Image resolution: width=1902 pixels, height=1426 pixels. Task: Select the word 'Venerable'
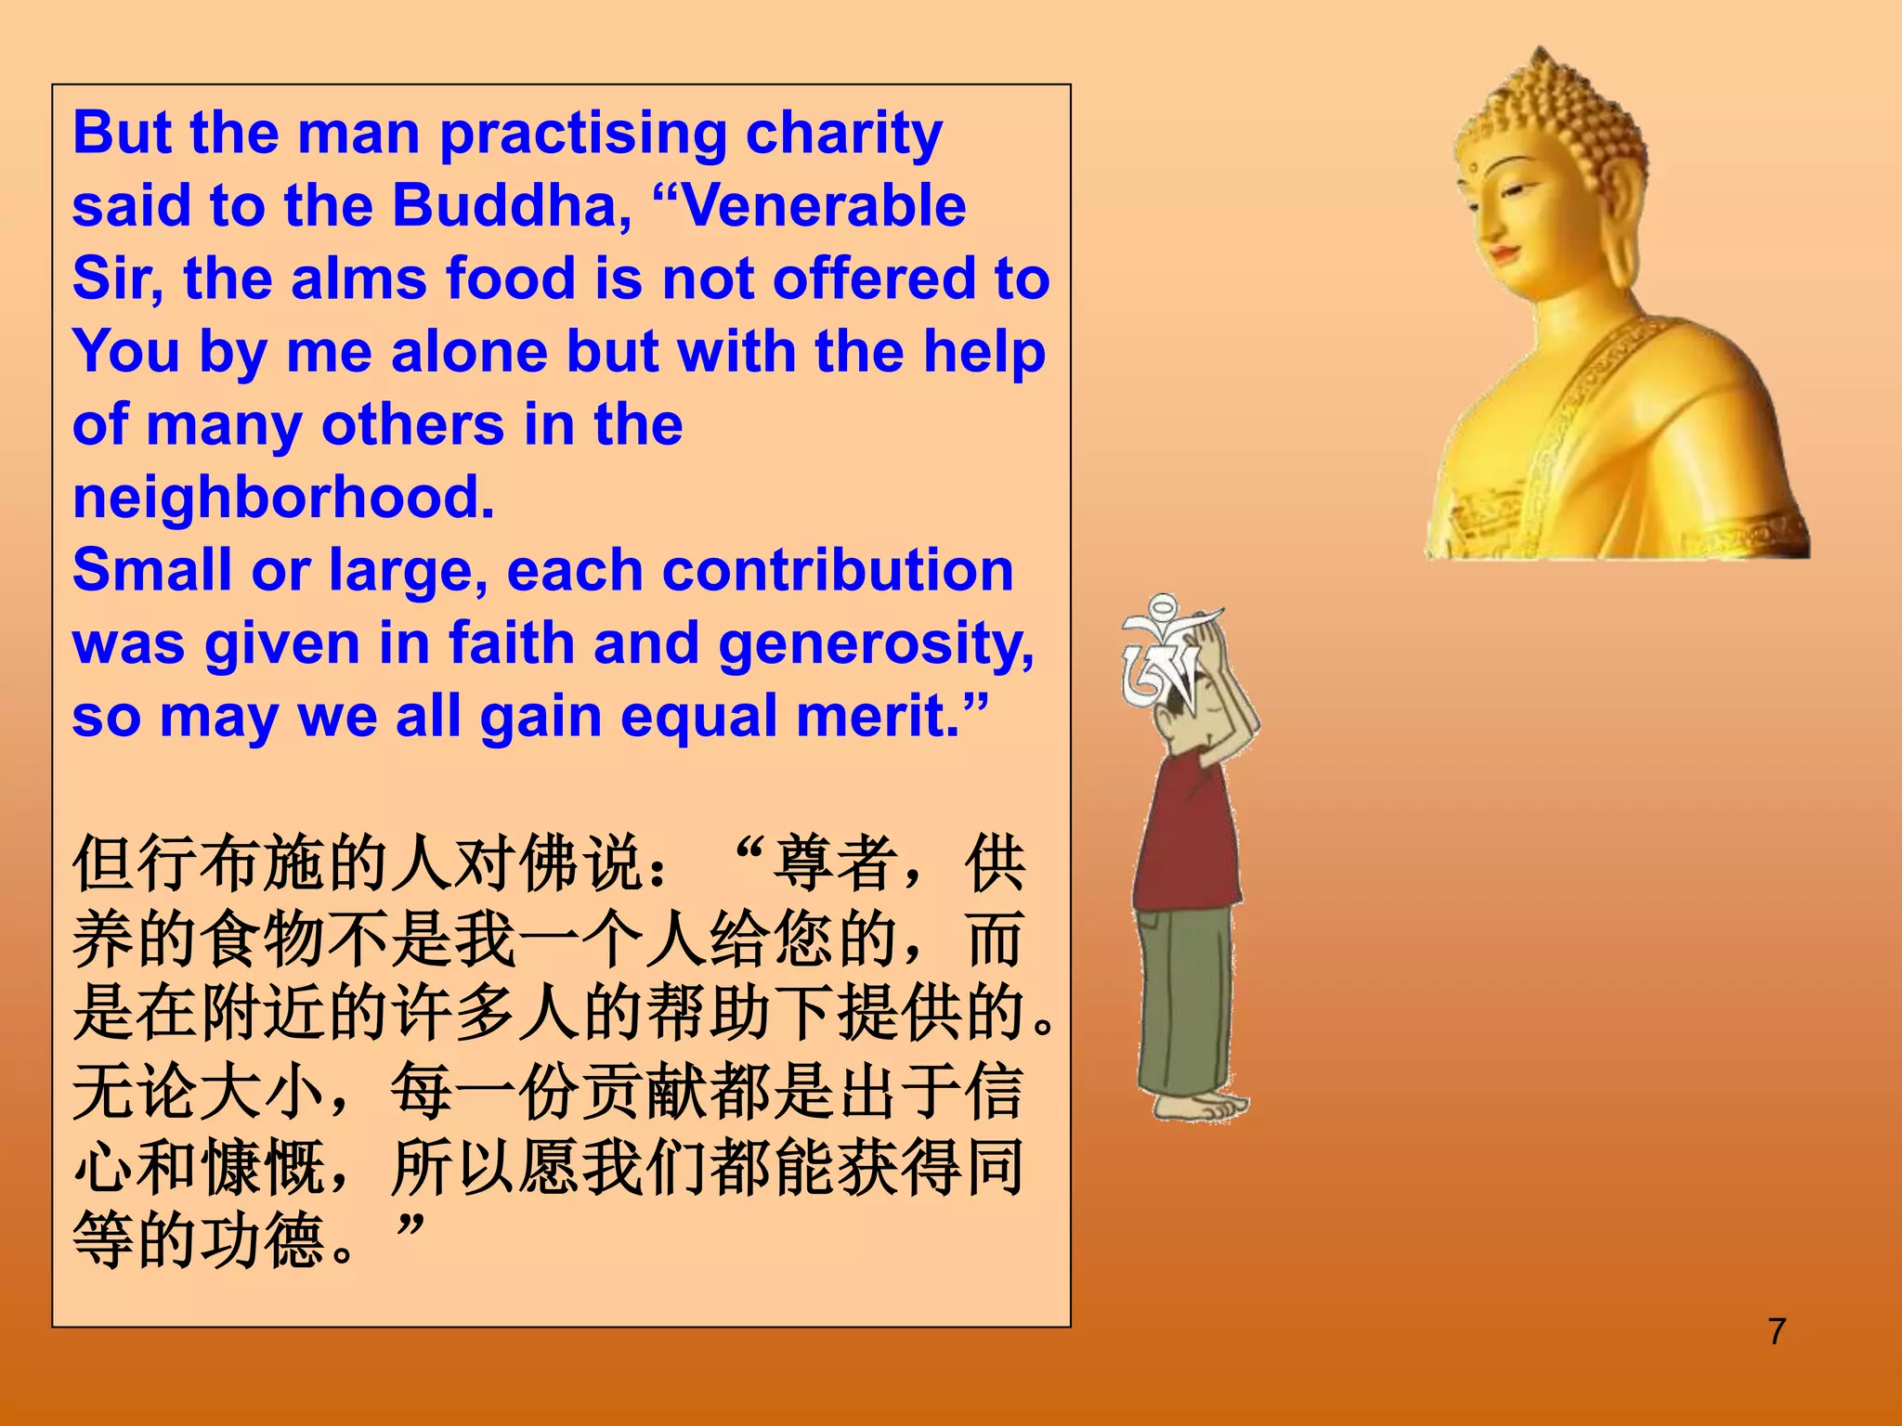[x=823, y=206]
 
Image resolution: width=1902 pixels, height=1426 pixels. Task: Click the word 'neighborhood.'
[x=283, y=498]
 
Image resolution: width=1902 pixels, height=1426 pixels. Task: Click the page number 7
[x=1777, y=1331]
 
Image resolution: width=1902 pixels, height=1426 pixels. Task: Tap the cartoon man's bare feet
[x=1203, y=1107]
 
